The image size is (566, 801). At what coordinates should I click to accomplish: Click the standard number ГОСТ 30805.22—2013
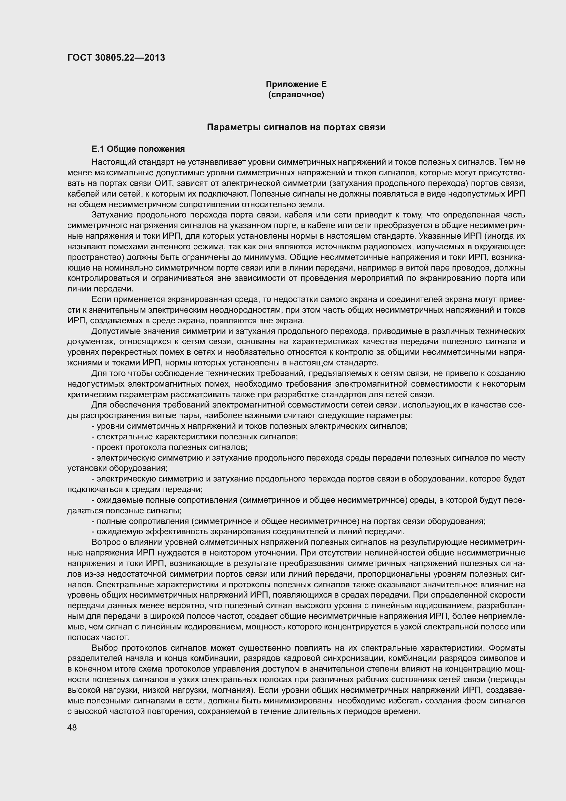coord(116,58)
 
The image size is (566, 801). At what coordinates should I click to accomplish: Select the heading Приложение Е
coord(296,84)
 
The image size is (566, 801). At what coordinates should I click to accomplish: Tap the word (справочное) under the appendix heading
coord(296,95)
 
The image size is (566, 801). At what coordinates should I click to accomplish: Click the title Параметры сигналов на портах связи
coord(296,127)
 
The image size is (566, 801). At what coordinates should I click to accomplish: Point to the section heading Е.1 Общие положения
coord(138,149)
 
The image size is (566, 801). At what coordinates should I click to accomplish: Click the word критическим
coord(88,395)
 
